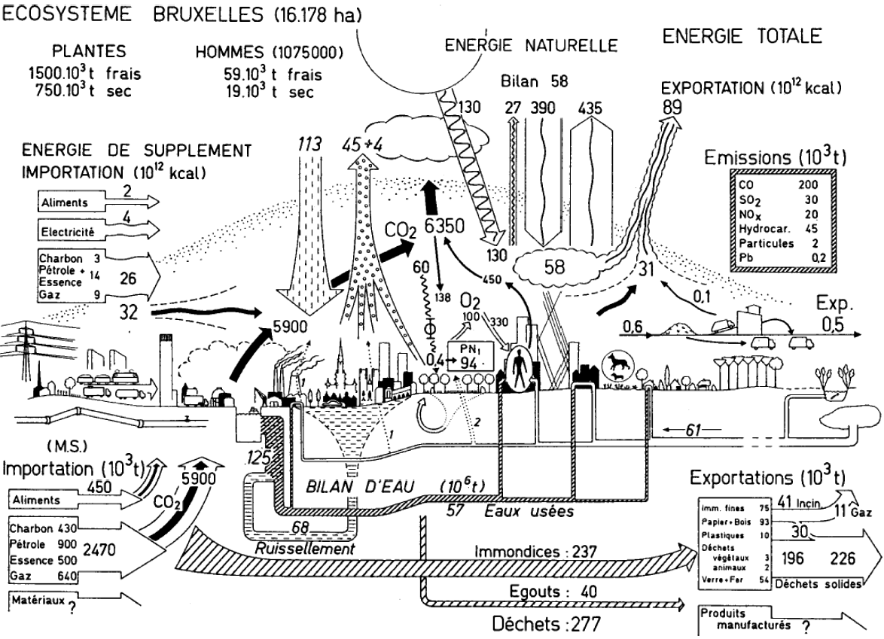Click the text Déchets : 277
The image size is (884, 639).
click(546, 625)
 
